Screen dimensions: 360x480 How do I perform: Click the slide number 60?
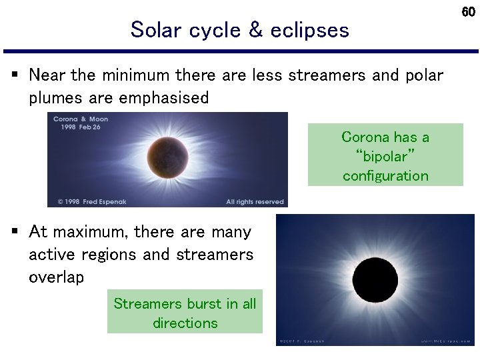click(469, 12)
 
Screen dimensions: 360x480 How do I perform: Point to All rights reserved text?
click(255, 201)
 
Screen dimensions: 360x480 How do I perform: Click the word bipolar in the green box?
click(385, 157)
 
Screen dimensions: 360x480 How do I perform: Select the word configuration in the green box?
click(385, 176)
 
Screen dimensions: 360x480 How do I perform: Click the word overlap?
click(57, 277)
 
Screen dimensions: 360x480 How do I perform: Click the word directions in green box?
click(185, 323)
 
